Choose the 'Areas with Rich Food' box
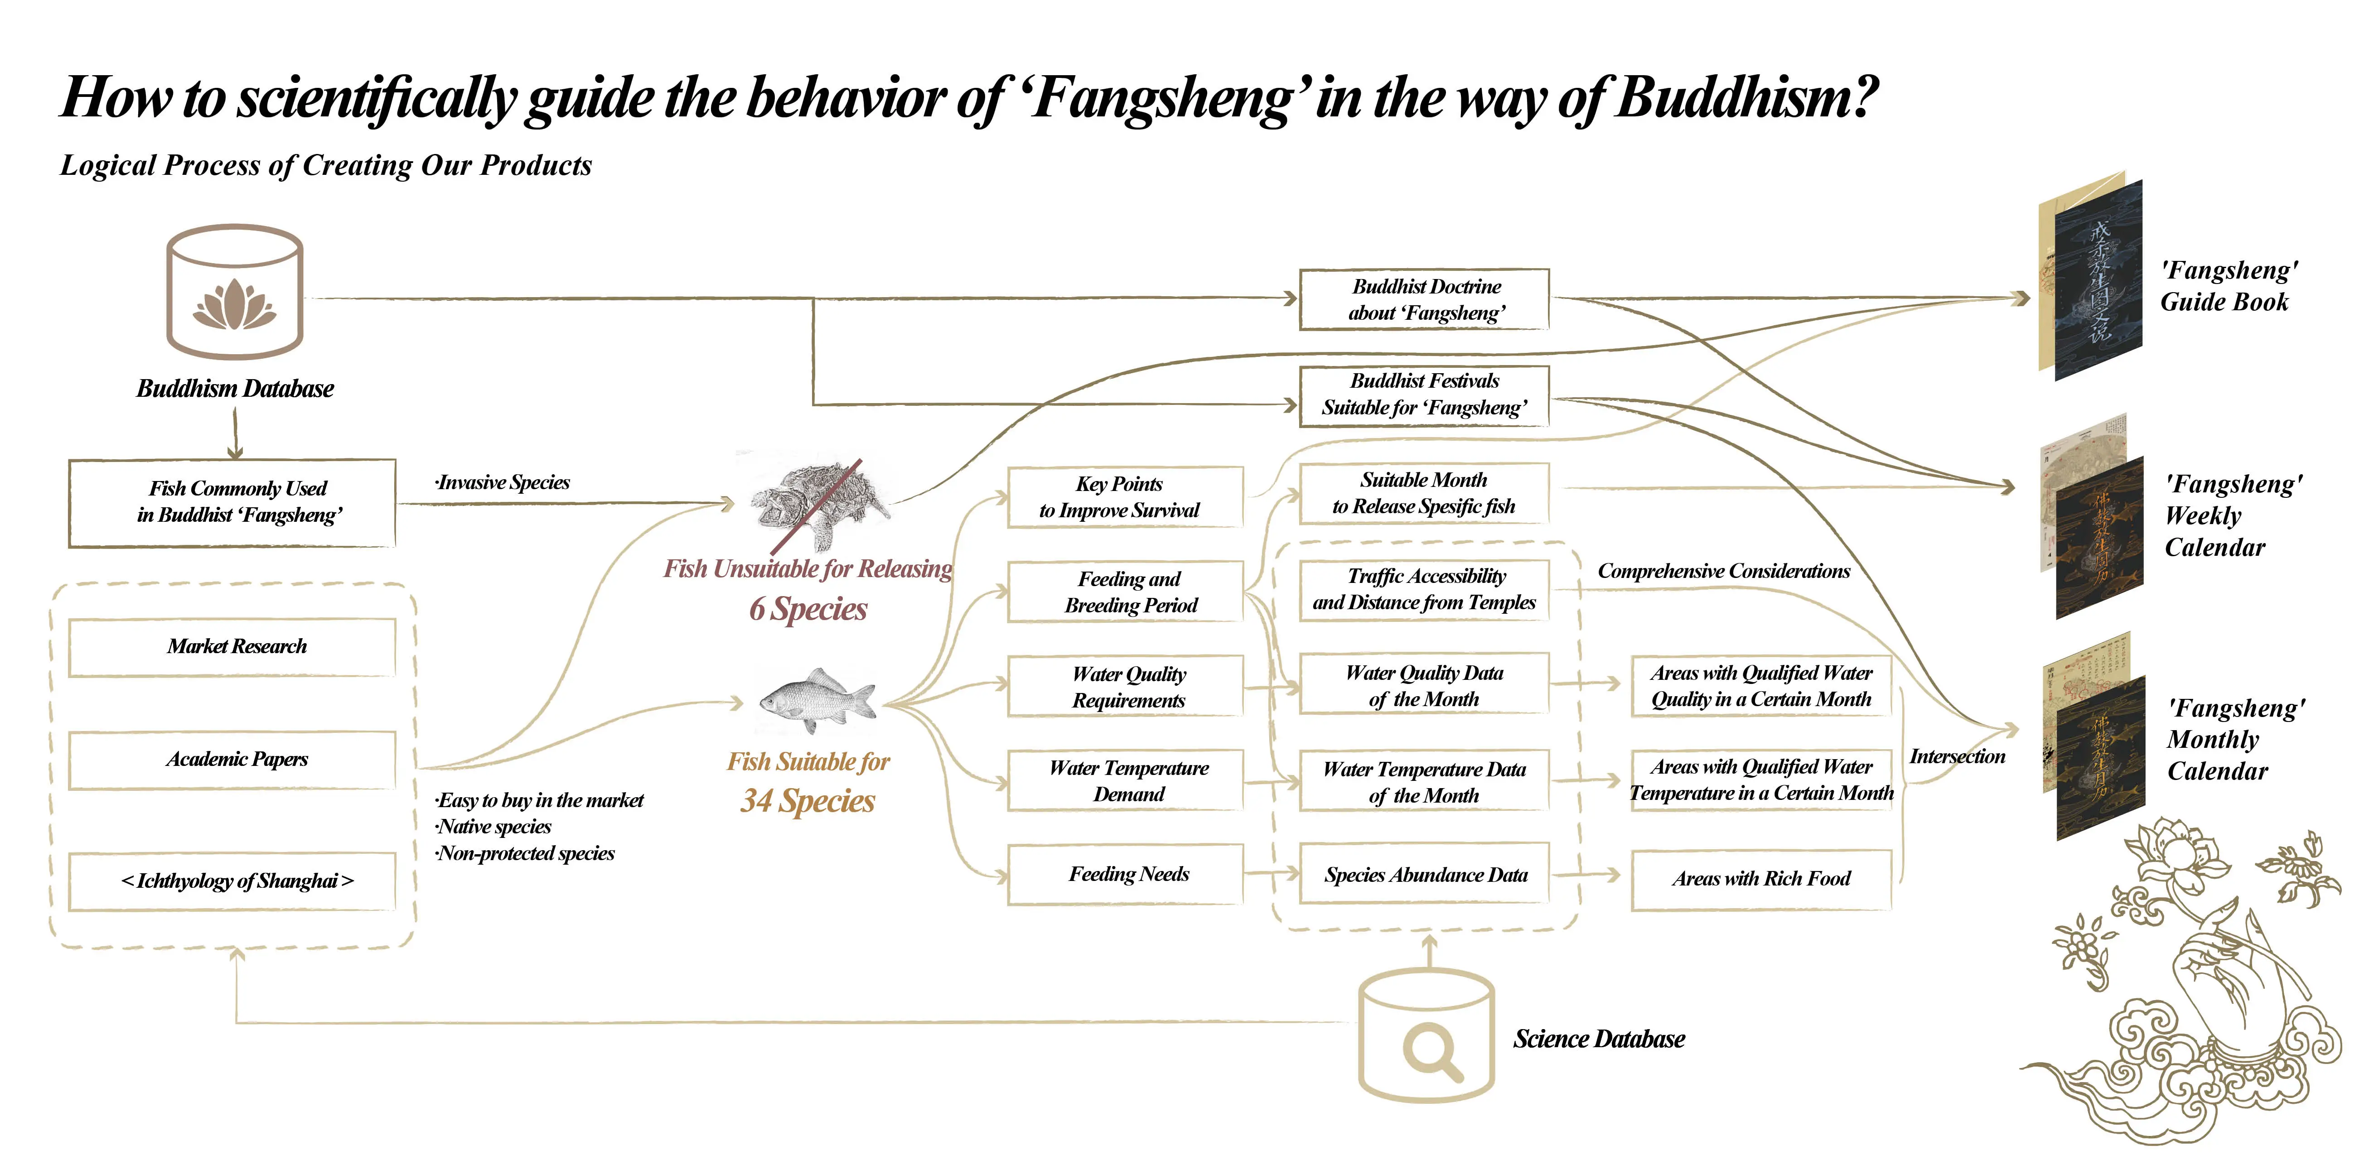[x=1760, y=879]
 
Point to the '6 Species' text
[x=807, y=609]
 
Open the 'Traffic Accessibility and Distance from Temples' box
[x=1425, y=589]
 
